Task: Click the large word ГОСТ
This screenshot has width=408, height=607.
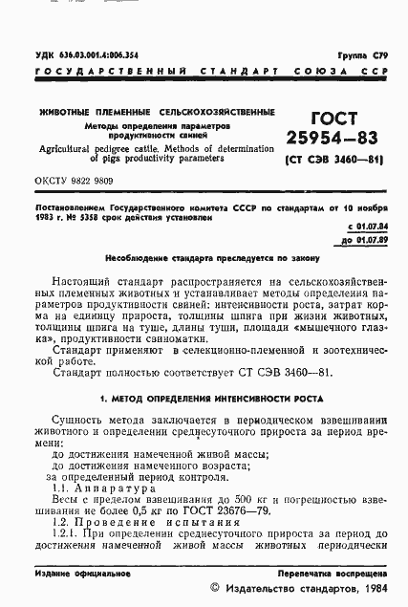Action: coord(330,119)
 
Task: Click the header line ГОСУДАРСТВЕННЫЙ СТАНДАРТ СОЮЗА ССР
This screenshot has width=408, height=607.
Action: coord(204,72)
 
